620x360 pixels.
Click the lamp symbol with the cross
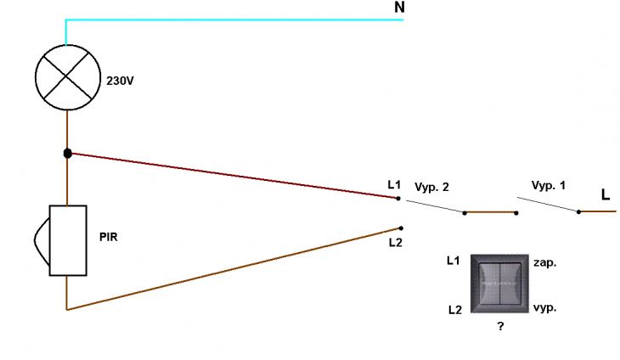pyautogui.click(x=68, y=77)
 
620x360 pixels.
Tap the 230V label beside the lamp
pyautogui.click(x=120, y=81)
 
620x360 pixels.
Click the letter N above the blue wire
pyautogui.click(x=399, y=7)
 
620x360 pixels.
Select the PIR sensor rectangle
pyautogui.click(x=68, y=240)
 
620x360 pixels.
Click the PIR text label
pyautogui.click(x=109, y=237)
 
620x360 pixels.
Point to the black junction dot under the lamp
pyautogui.click(x=68, y=154)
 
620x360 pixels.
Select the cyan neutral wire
pyautogui.click(x=234, y=20)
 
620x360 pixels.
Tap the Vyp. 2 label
pyautogui.click(x=431, y=187)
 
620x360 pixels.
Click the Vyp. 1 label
pyautogui.click(x=548, y=185)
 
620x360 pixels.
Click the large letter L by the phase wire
pyautogui.click(x=606, y=194)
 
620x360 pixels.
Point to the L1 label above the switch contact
pyautogui.click(x=394, y=184)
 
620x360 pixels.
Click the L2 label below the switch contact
pyautogui.click(x=396, y=243)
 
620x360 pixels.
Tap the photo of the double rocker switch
pyautogui.click(x=499, y=284)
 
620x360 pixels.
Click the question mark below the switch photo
pyautogui.click(x=500, y=326)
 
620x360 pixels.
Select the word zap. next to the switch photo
pyautogui.click(x=545, y=263)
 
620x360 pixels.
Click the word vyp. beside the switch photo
pyautogui.click(x=545, y=308)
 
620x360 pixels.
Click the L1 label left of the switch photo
pyautogui.click(x=454, y=261)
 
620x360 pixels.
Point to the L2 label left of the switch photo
pyautogui.click(x=455, y=310)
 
